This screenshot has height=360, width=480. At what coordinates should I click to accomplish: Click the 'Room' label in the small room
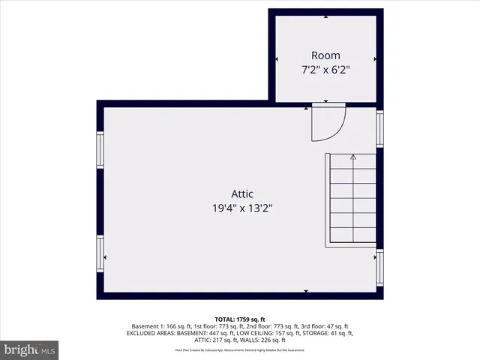(x=325, y=55)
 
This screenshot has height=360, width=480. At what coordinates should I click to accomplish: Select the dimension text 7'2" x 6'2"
(x=325, y=70)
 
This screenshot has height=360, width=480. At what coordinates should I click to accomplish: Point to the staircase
(x=351, y=199)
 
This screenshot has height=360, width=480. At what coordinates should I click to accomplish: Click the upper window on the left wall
(x=100, y=149)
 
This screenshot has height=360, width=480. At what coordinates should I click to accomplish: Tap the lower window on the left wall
(x=100, y=253)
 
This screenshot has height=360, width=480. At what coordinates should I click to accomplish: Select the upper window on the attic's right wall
(x=379, y=127)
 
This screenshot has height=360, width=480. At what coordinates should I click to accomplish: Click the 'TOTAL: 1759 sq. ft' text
(x=240, y=319)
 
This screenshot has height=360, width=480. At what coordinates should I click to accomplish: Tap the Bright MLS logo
(x=30, y=349)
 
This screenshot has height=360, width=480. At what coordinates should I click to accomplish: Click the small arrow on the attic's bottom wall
(x=305, y=290)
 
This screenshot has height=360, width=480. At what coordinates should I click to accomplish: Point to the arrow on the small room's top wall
(x=325, y=16)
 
